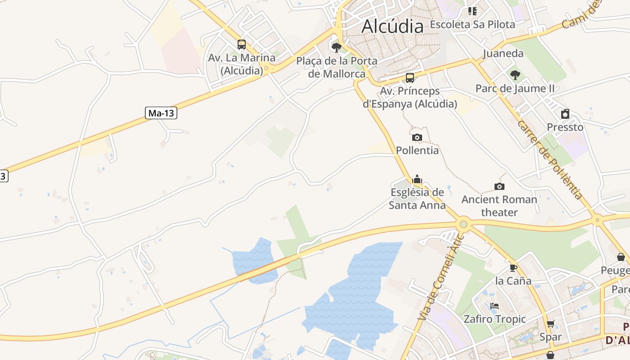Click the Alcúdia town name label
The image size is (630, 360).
[392, 26]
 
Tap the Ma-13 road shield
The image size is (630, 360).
[161, 113]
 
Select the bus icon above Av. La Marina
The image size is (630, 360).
[242, 45]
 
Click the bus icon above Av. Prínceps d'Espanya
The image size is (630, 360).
[410, 78]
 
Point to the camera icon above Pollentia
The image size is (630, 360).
[417, 137]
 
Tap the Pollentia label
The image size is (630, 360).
[417, 150]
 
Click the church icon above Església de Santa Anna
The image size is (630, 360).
[417, 180]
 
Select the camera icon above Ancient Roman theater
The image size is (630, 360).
[499, 186]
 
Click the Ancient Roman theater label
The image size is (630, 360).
[499, 206]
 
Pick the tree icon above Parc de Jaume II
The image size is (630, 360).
[515, 75]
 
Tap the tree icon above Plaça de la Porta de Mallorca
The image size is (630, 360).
[336, 47]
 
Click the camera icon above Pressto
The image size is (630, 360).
[565, 114]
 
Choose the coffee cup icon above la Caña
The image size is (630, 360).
[513, 268]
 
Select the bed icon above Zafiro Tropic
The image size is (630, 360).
[495, 306]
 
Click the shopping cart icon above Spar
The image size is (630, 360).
[550, 324]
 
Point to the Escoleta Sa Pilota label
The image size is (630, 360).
[472, 24]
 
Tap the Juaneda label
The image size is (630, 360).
[503, 54]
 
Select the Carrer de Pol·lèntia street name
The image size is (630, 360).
[550, 160]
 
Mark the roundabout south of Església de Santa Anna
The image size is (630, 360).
[463, 223]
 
